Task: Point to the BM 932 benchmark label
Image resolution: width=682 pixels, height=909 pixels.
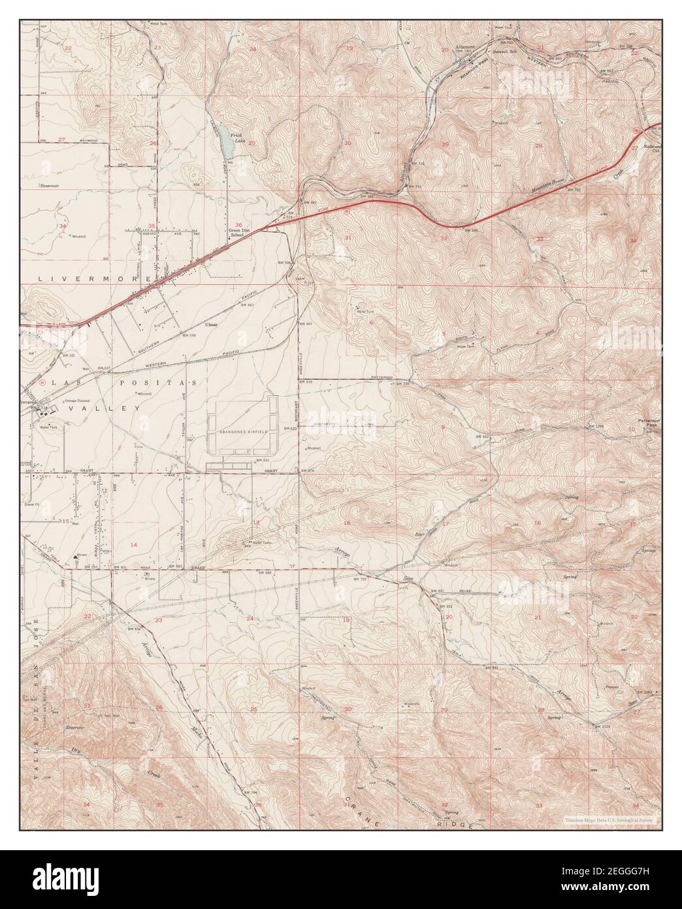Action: [x=482, y=436]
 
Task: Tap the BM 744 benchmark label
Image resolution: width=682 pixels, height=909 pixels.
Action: [x=248, y=793]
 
